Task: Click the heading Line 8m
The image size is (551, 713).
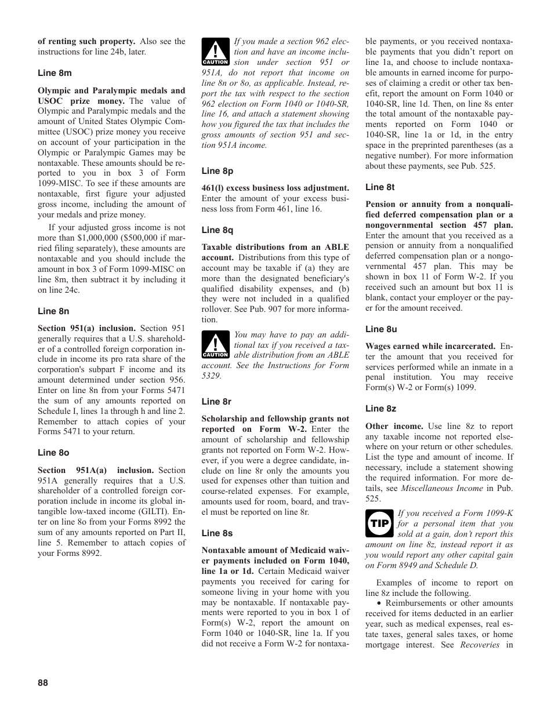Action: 55,73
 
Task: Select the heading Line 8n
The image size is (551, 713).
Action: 53,311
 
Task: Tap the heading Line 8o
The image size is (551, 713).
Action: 53,453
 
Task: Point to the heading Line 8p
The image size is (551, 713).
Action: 217,171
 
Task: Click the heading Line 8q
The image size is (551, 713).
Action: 217,230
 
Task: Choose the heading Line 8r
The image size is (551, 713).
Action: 216,401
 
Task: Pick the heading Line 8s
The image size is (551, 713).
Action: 217,533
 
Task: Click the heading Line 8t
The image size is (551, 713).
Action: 380,187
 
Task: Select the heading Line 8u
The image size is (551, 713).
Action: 381,329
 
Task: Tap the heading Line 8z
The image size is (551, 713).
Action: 380,409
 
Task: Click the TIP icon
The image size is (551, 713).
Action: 380,523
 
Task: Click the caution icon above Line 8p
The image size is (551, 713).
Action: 215,51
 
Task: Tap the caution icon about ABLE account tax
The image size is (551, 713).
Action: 215,344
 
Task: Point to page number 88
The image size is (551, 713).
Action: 43,683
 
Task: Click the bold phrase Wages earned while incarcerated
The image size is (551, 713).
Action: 430,347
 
